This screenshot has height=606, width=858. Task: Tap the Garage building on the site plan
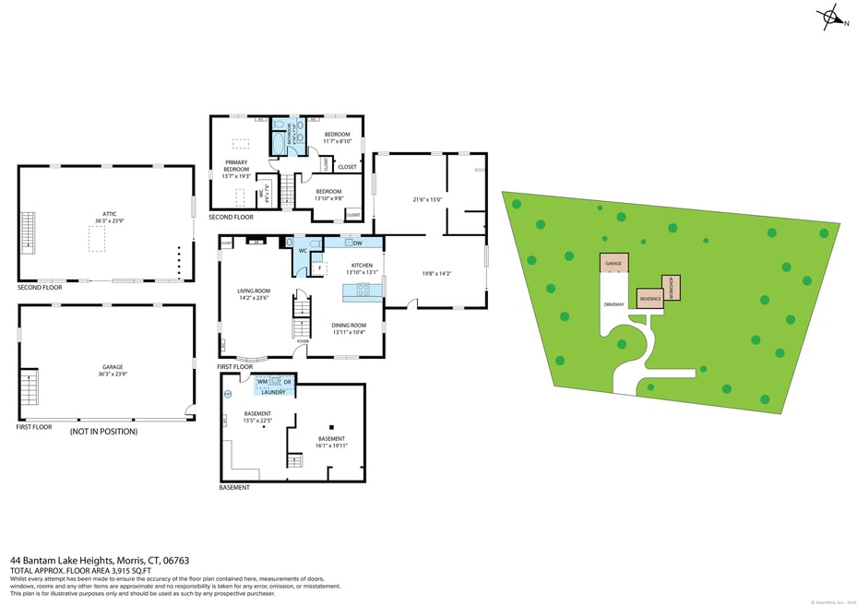pos(614,264)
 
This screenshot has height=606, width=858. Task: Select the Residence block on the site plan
pos(649,299)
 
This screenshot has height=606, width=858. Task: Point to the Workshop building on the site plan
pos(672,285)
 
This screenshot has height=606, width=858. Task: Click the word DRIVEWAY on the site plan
pos(614,303)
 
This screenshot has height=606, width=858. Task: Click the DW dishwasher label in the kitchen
pos(357,243)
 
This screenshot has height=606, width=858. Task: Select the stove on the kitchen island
pos(363,291)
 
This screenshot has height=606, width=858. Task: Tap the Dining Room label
pos(349,325)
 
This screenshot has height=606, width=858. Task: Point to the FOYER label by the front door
pos(303,340)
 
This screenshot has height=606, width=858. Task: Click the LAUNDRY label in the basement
pos(273,392)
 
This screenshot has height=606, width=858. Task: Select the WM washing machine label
pos(262,381)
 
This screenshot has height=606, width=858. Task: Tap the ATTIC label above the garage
pos(105,214)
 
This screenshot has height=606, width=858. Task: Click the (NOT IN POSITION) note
pos(103,431)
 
